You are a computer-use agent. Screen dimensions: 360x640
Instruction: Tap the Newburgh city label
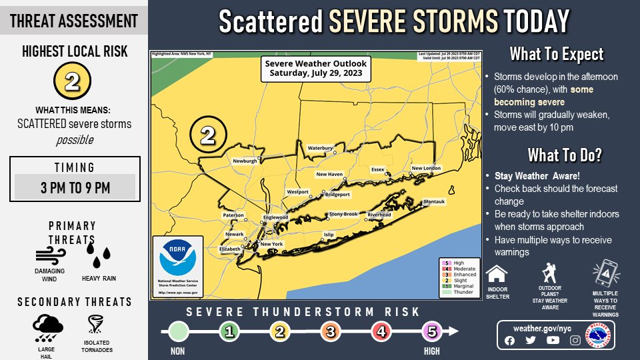(x=245, y=161)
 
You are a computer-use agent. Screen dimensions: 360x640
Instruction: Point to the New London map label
(x=426, y=168)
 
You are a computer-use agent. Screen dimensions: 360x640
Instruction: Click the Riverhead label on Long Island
(x=379, y=215)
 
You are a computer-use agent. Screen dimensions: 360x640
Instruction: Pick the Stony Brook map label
(x=343, y=214)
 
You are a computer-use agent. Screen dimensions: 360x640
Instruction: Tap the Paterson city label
(x=233, y=215)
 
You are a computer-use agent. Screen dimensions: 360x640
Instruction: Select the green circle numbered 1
(x=229, y=331)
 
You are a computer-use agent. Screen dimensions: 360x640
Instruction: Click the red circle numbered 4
(x=381, y=331)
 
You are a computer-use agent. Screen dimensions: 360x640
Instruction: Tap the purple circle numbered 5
(x=432, y=331)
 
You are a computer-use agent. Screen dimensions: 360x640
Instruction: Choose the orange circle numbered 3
(x=331, y=331)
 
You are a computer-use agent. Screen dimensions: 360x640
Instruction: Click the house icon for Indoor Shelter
(x=497, y=274)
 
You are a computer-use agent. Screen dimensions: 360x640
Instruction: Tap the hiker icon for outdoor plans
(x=550, y=273)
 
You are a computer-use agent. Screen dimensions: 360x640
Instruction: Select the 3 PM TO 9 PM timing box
(x=75, y=187)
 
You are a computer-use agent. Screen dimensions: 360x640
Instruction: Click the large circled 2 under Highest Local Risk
(x=72, y=82)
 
